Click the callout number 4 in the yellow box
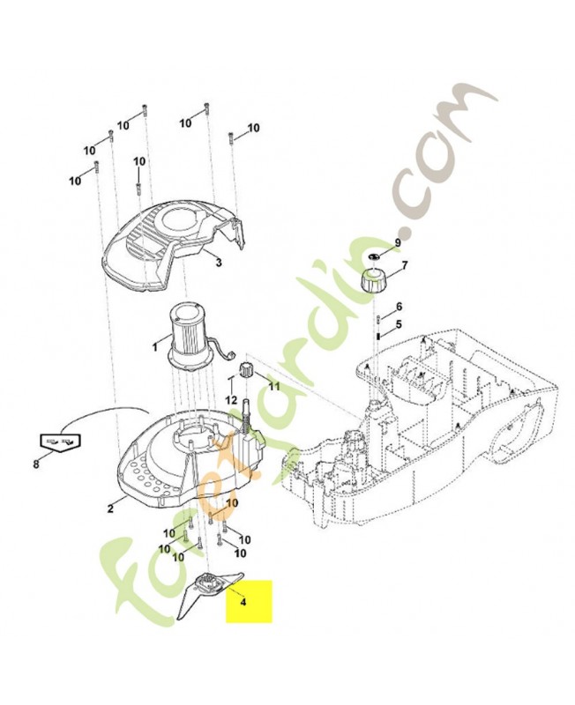pos(243,602)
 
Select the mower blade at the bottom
pos(209,593)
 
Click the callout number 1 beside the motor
pos(155,347)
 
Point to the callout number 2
pos(110,508)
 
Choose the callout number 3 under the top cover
pos(219,263)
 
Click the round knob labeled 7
pos(372,280)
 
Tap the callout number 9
pos(398,242)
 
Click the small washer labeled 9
pos(373,256)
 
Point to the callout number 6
pos(399,307)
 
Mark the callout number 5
pos(399,323)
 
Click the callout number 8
pos(36,464)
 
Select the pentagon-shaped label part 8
pos(58,442)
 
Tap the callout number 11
pos(274,386)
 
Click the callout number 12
pos(231,399)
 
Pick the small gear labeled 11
pos(247,369)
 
